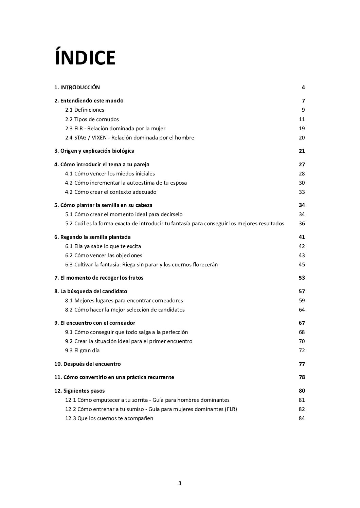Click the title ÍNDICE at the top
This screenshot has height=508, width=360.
coord(85,58)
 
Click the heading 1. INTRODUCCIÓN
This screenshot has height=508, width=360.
coord(77,88)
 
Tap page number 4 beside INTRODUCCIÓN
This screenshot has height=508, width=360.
coord(303,88)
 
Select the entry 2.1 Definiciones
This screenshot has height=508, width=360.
coord(85,110)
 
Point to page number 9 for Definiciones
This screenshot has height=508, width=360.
coord(303,110)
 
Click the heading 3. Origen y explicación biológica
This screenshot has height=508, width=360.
coord(94,151)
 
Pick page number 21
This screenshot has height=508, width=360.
coord(302,151)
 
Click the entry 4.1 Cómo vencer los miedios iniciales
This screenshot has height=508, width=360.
coord(110,174)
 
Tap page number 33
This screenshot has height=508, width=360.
coord(302,192)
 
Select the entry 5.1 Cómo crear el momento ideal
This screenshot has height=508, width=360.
coord(124,214)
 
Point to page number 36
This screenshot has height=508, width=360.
coord(302,224)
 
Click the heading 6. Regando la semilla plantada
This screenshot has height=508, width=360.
coord(92,237)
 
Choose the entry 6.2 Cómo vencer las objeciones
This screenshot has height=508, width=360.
coord(104,256)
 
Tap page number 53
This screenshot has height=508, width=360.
coord(302,278)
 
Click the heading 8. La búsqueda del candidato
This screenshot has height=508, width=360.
coord(91,291)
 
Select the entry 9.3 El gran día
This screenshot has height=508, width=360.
coord(82,351)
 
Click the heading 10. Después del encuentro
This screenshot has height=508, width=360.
coord(88,364)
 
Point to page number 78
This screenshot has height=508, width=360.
coord(302,377)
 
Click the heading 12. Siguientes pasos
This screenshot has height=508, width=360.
coord(79,391)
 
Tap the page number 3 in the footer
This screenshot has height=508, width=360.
coord(180,484)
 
